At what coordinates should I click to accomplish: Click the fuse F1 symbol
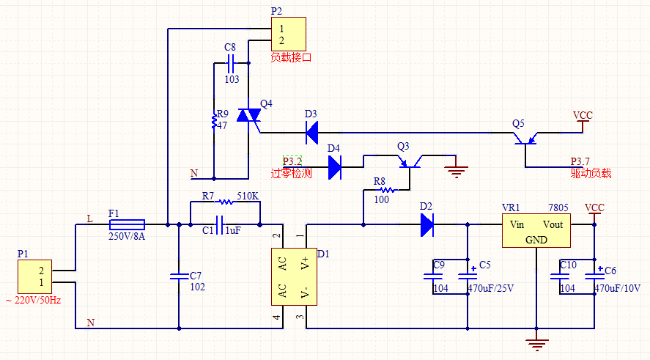click(127, 225)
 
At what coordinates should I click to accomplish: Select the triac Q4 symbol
click(248, 115)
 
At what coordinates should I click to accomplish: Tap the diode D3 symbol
click(311, 133)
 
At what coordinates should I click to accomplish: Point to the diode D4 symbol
click(335, 167)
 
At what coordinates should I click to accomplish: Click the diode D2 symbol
click(427, 225)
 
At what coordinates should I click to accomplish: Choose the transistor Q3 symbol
click(410, 162)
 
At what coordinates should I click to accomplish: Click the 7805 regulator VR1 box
click(536, 231)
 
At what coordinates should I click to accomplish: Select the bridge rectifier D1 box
click(294, 276)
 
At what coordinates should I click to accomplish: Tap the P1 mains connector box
click(35, 276)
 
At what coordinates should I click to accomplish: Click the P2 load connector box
click(289, 34)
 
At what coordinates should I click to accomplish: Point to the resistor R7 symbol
click(226, 202)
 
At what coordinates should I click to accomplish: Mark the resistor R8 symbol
click(387, 190)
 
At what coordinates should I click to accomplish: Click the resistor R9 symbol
click(214, 121)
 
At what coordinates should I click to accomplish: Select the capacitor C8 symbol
click(231, 63)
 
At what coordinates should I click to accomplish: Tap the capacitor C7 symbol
click(179, 276)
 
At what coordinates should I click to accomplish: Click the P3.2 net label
click(292, 161)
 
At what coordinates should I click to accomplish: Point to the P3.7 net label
click(580, 161)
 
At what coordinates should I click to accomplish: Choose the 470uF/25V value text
click(491, 288)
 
